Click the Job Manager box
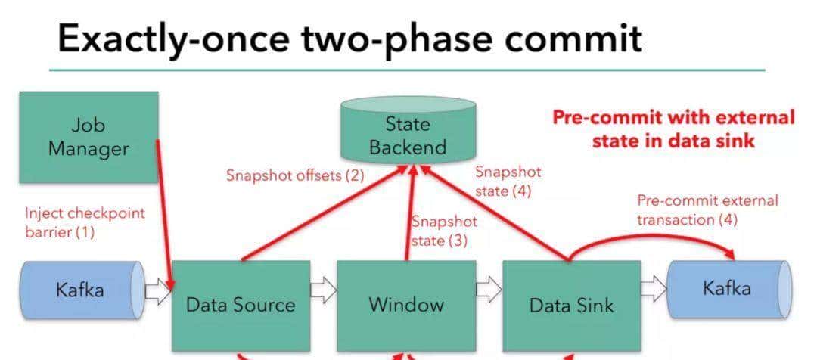click(x=89, y=137)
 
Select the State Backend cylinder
click(x=408, y=129)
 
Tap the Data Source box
click(x=241, y=306)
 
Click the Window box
click(x=406, y=306)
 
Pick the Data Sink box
click(x=572, y=306)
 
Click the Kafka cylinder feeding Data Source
click(x=82, y=290)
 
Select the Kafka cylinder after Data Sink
click(x=729, y=289)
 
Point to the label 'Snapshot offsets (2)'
click(x=295, y=175)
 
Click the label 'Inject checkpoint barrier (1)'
click(x=85, y=222)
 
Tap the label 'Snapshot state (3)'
click(x=445, y=231)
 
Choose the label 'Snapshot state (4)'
click(x=508, y=182)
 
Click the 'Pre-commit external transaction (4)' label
click(x=707, y=210)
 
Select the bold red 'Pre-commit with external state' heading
click(x=674, y=129)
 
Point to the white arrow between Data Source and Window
click(x=324, y=289)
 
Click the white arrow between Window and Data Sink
click(x=489, y=289)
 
